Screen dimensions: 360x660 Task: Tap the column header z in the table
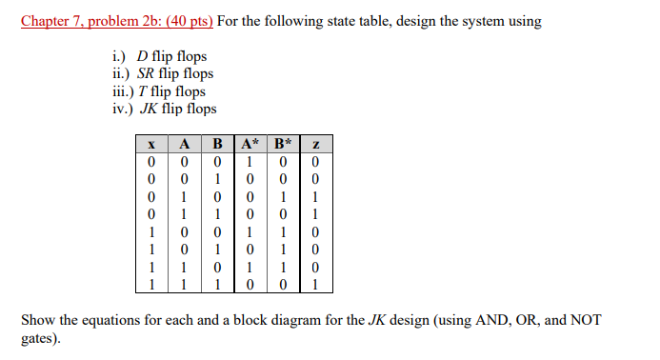(x=315, y=144)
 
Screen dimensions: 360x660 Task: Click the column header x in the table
(x=151, y=144)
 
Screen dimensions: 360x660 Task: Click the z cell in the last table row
(x=315, y=283)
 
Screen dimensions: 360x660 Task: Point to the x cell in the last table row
(x=151, y=283)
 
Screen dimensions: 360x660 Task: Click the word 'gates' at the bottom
(x=38, y=337)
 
